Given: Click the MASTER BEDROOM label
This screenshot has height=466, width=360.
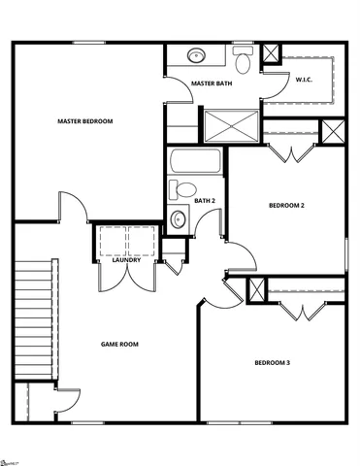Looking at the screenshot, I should (x=84, y=121).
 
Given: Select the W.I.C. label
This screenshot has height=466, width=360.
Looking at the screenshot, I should (x=304, y=79).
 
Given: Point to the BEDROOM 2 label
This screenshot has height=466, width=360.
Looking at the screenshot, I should (x=286, y=205).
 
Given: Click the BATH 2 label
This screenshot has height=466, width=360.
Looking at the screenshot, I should (x=204, y=201).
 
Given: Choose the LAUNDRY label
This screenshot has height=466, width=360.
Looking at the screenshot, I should (x=127, y=260).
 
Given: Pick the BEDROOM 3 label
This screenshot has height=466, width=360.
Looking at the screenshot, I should (x=272, y=363).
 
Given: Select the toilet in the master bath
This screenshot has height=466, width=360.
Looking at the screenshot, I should (x=243, y=60).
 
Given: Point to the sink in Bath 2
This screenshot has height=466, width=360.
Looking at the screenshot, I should (x=178, y=219).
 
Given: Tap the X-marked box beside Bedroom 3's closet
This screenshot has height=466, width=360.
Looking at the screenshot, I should (x=257, y=289).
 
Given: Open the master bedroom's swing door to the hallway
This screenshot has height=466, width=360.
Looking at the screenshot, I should (x=74, y=208).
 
